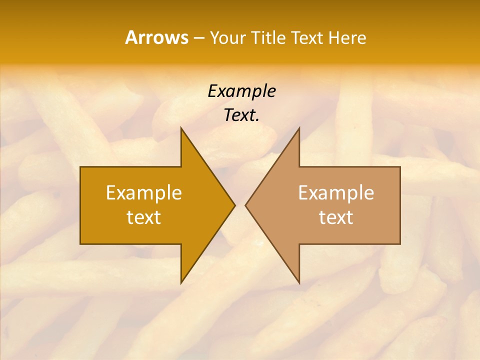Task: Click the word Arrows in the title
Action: [x=157, y=37]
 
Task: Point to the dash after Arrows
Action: [x=198, y=38]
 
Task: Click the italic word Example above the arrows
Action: [x=241, y=91]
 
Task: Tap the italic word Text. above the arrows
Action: [x=241, y=115]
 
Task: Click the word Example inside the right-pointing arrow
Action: [x=144, y=192]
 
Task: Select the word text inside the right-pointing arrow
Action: [x=144, y=217]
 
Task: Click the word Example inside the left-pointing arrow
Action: [x=336, y=192]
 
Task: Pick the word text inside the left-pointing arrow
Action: [x=336, y=217]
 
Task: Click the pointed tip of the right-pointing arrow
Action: [x=235, y=205]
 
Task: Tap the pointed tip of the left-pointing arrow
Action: [x=245, y=205]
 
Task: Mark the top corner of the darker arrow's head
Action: [x=181, y=128]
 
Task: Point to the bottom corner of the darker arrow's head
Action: [x=181, y=283]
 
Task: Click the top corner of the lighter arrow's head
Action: [x=299, y=128]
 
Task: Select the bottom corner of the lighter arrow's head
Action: [x=299, y=283]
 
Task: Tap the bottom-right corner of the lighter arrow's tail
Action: [x=400, y=244]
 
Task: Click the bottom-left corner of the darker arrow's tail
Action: [x=80, y=244]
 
